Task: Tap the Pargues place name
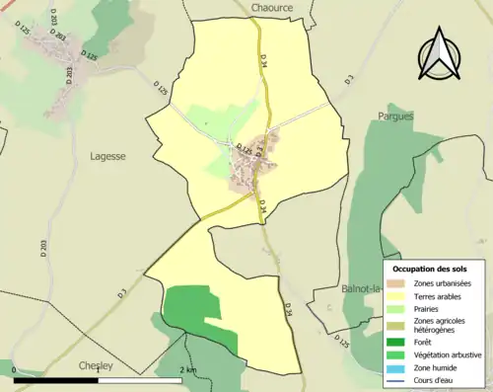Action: tap(396, 116)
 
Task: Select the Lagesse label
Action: tap(107, 156)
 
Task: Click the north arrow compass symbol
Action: tap(441, 55)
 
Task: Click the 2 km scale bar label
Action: tap(187, 369)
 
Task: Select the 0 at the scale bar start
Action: tap(15, 369)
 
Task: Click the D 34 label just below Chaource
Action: tap(264, 61)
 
